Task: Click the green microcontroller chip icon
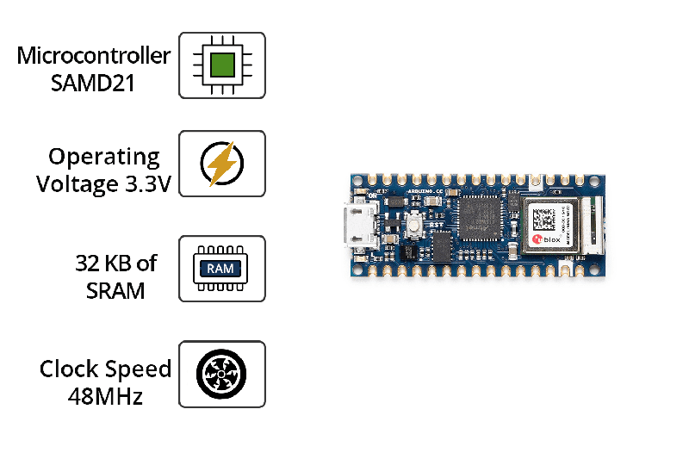pos(222,65)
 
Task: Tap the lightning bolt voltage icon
pos(222,164)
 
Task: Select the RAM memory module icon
pos(221,269)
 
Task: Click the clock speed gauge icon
pos(221,374)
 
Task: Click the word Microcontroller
pos(94,56)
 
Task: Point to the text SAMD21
pos(93,85)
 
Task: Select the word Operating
pos(104,157)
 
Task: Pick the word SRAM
pos(115,291)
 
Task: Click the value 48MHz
pos(105,397)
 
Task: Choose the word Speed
pos(138,369)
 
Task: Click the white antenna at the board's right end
pos(590,226)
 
